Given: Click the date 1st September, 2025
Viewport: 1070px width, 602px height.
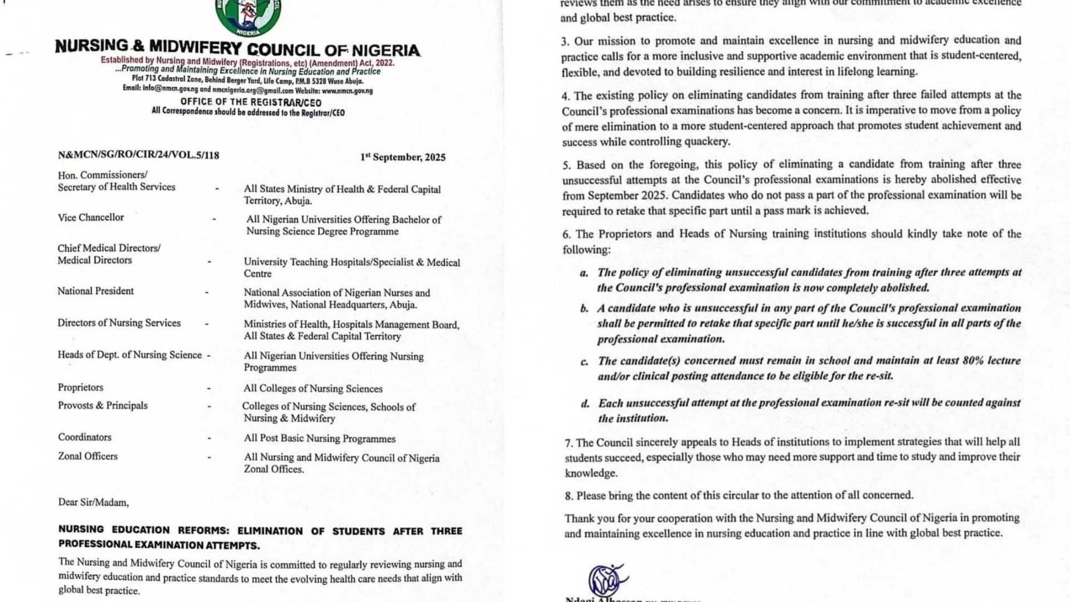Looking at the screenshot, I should [x=402, y=157].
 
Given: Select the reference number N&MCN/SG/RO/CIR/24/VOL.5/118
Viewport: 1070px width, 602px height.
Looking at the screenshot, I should [x=138, y=156].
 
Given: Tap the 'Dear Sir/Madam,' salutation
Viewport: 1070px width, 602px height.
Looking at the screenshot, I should [x=93, y=502].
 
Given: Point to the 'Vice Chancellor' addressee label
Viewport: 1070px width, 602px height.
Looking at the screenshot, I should [x=91, y=217].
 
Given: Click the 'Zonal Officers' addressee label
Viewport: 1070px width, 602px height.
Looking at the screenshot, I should [x=87, y=456].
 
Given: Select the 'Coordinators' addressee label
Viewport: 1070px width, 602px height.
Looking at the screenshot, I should [x=85, y=437].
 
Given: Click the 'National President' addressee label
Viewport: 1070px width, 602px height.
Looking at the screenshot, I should [x=95, y=291].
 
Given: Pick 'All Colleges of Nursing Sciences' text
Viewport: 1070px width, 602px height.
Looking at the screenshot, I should [x=313, y=389].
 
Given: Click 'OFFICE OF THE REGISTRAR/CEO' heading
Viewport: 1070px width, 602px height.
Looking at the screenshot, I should [x=251, y=102].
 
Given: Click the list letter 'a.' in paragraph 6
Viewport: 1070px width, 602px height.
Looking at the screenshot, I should [x=583, y=273].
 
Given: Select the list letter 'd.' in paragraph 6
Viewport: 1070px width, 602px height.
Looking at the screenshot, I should [x=585, y=404].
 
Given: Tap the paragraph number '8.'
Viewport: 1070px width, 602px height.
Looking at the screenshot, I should [x=568, y=496].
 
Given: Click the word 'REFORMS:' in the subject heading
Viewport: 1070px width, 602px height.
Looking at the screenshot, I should [x=203, y=530].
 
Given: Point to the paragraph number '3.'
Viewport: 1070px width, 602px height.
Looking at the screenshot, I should [x=565, y=41].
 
